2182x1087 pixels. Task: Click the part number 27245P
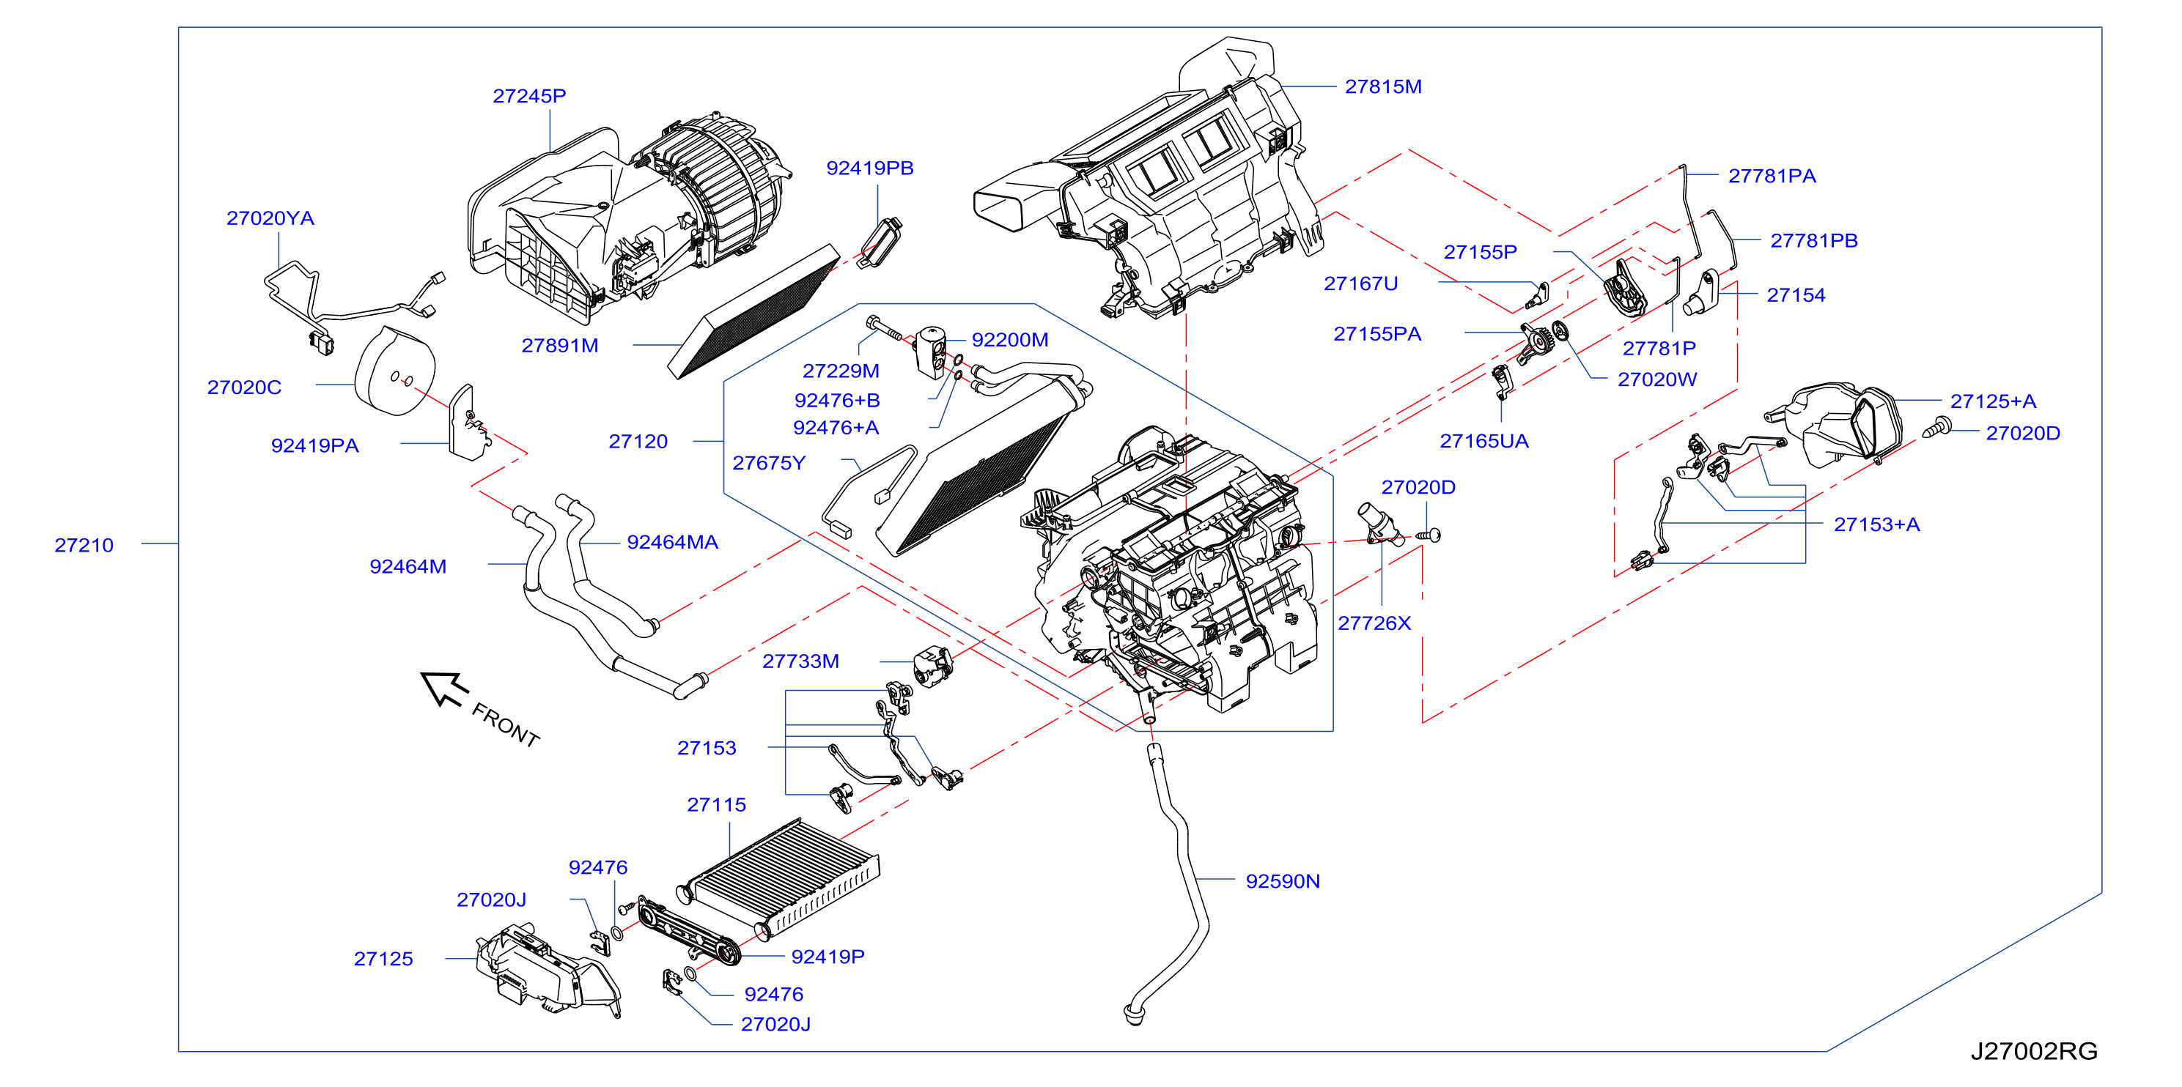point(529,96)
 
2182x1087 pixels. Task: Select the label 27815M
point(1383,86)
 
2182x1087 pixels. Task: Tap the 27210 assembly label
point(84,545)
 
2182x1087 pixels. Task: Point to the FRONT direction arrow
point(444,689)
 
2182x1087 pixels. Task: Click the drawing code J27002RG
point(2034,1050)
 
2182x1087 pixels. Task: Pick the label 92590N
point(1283,881)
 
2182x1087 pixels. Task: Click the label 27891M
point(560,346)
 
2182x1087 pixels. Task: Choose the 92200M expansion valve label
point(1010,339)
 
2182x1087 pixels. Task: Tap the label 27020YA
point(270,218)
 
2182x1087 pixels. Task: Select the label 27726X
point(1374,623)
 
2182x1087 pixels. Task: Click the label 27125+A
point(1993,401)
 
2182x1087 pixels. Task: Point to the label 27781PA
point(1772,176)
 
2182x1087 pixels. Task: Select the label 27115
point(717,804)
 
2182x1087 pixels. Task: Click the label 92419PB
point(870,168)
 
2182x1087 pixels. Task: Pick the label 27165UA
point(1484,441)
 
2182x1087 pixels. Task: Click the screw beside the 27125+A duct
point(1936,429)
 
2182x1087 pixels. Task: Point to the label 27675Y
point(769,463)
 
